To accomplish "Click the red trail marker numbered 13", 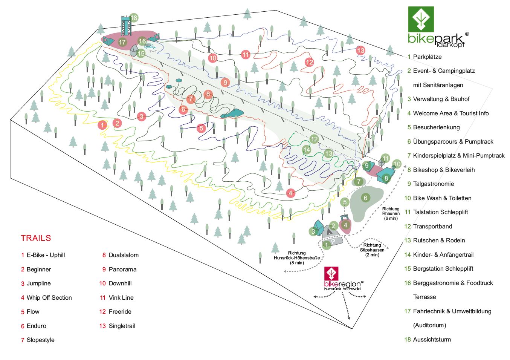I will [x=360, y=51].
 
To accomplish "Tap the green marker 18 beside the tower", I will [x=134, y=18].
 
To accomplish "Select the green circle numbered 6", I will [x=365, y=198].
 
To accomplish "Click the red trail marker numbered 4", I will [x=290, y=193].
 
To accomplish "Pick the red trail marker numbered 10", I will [x=213, y=58].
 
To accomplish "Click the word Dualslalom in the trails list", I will [x=124, y=255].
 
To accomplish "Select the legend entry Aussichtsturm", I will [x=432, y=340].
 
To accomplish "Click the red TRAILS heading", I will [x=36, y=238].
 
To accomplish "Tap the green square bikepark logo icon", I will [x=421, y=19].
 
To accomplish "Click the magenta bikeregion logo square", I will [x=331, y=274].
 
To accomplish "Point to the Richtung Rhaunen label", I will [x=391, y=213].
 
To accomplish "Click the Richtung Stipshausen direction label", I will [x=372, y=250].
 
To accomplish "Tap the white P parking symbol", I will [x=333, y=242].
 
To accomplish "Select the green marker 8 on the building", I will [x=386, y=178].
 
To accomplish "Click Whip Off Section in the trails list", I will [x=49, y=298].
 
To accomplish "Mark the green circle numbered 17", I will [x=122, y=42].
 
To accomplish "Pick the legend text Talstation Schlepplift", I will [x=440, y=212].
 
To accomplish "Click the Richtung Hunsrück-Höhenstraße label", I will [x=297, y=258].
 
